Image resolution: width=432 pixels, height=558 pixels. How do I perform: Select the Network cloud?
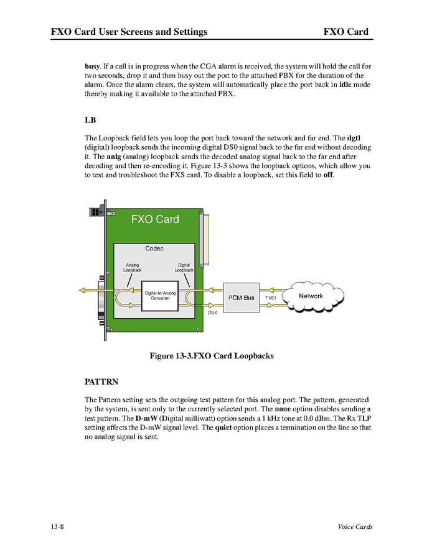[311, 296]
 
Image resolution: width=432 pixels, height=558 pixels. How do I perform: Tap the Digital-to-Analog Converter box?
[160, 295]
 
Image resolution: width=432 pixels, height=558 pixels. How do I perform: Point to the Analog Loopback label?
[132, 268]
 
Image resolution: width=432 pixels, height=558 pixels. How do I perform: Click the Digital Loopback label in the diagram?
[184, 268]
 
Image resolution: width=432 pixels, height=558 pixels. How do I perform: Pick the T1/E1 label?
[271, 298]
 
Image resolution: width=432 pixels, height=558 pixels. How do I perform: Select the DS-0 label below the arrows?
[212, 313]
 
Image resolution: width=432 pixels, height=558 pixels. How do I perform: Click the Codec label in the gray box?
[154, 249]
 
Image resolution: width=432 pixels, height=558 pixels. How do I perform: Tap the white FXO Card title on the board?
[155, 219]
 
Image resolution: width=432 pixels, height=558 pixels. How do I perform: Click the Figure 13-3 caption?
[211, 356]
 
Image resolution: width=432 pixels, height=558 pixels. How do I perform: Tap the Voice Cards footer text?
[351, 527]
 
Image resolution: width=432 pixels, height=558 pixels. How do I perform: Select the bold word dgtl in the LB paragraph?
[354, 137]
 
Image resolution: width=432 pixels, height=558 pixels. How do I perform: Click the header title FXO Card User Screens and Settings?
[129, 32]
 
